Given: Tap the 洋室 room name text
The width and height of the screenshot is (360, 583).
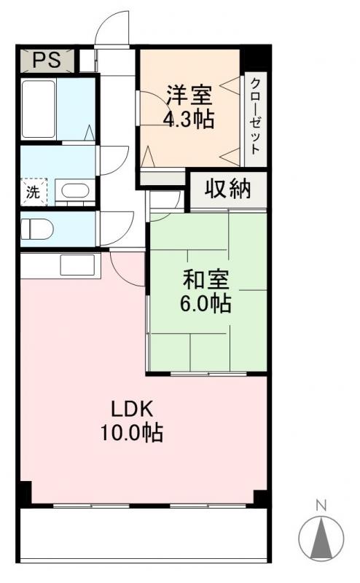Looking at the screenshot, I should [189, 95].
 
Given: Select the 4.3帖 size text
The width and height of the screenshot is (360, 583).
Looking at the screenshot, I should [189, 119].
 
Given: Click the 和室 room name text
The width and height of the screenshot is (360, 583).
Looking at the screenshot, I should [206, 279].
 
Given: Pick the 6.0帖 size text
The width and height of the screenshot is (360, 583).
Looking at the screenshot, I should [206, 303].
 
